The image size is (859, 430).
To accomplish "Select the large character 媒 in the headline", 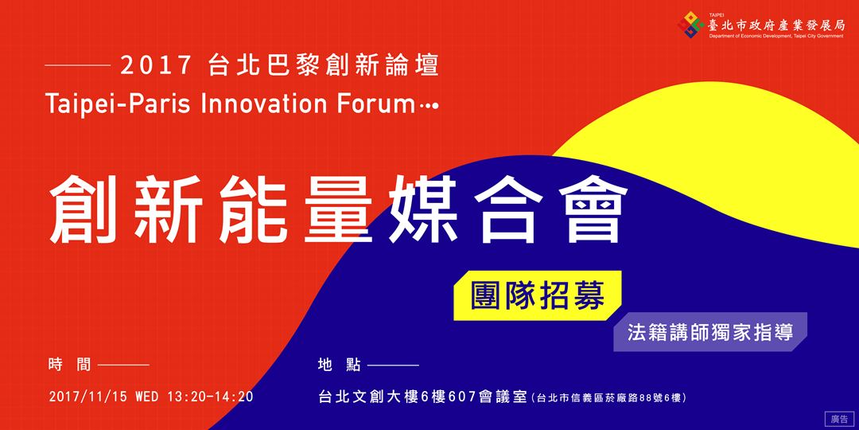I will (422, 211).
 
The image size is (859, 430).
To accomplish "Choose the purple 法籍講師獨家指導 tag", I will (709, 332).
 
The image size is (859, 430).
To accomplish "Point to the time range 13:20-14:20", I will (210, 397).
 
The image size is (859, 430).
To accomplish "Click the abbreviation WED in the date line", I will (147, 397).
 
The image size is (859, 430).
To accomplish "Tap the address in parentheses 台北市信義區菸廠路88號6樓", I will (610, 397).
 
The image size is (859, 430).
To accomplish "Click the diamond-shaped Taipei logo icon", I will (690, 25).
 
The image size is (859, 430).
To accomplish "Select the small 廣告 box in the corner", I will (839, 418).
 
